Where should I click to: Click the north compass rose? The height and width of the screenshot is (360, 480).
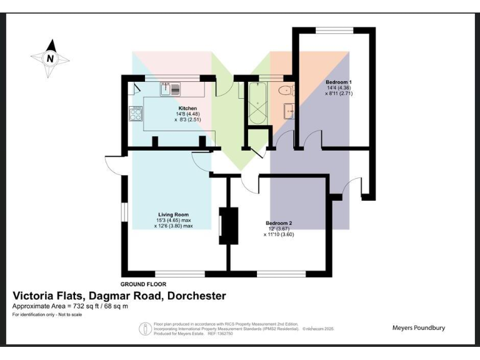click(x=50, y=59)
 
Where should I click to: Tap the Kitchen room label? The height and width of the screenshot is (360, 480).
click(x=187, y=108)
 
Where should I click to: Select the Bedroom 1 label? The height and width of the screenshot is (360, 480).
click(x=339, y=82)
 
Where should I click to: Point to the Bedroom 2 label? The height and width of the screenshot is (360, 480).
click(x=279, y=223)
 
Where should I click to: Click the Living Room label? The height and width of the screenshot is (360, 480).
click(x=173, y=214)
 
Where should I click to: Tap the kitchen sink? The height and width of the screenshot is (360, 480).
click(x=169, y=88)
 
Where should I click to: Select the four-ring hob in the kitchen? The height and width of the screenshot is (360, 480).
click(x=136, y=114)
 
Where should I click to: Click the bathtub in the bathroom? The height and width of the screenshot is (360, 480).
click(x=257, y=102)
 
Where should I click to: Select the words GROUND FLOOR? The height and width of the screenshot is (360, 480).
click(x=143, y=284)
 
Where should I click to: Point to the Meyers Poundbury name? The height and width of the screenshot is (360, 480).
click(x=418, y=327)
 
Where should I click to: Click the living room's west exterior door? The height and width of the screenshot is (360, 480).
click(x=112, y=164)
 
